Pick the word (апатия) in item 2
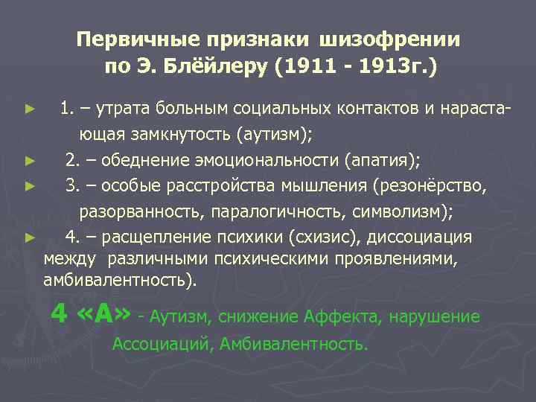384,159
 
